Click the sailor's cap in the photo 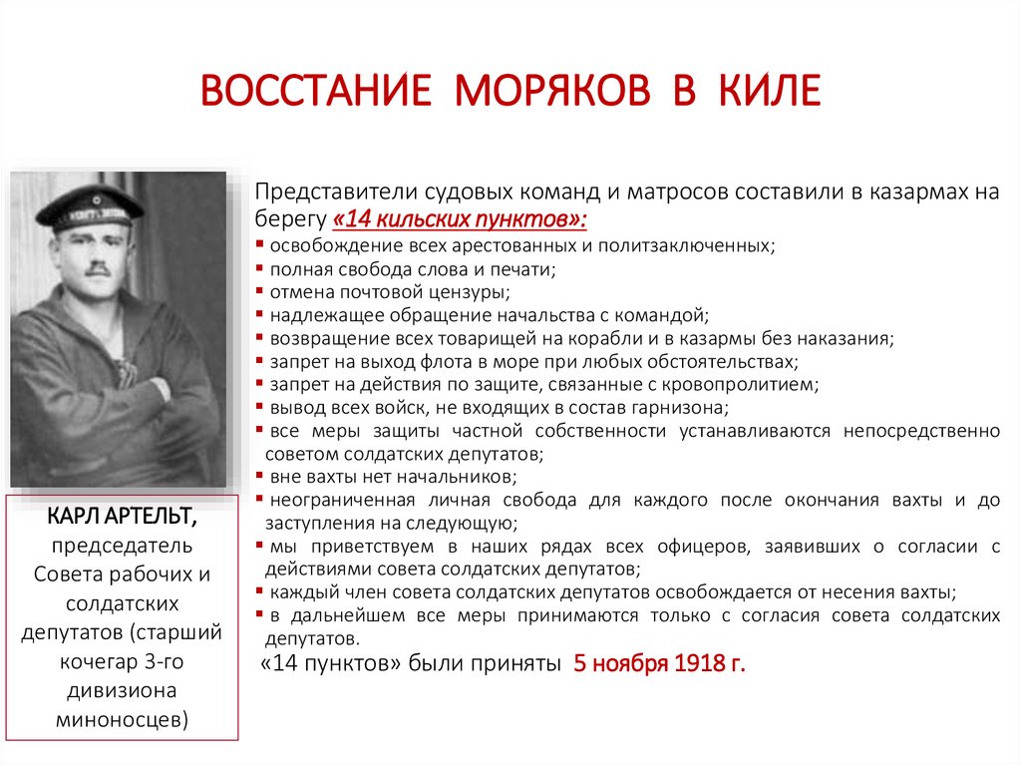pyautogui.click(x=91, y=203)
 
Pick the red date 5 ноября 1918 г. pyautogui.click(x=659, y=664)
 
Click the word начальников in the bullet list pyautogui.click(x=464, y=477)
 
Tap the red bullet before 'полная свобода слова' pyautogui.click(x=259, y=269)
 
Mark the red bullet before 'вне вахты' pyautogui.click(x=259, y=477)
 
